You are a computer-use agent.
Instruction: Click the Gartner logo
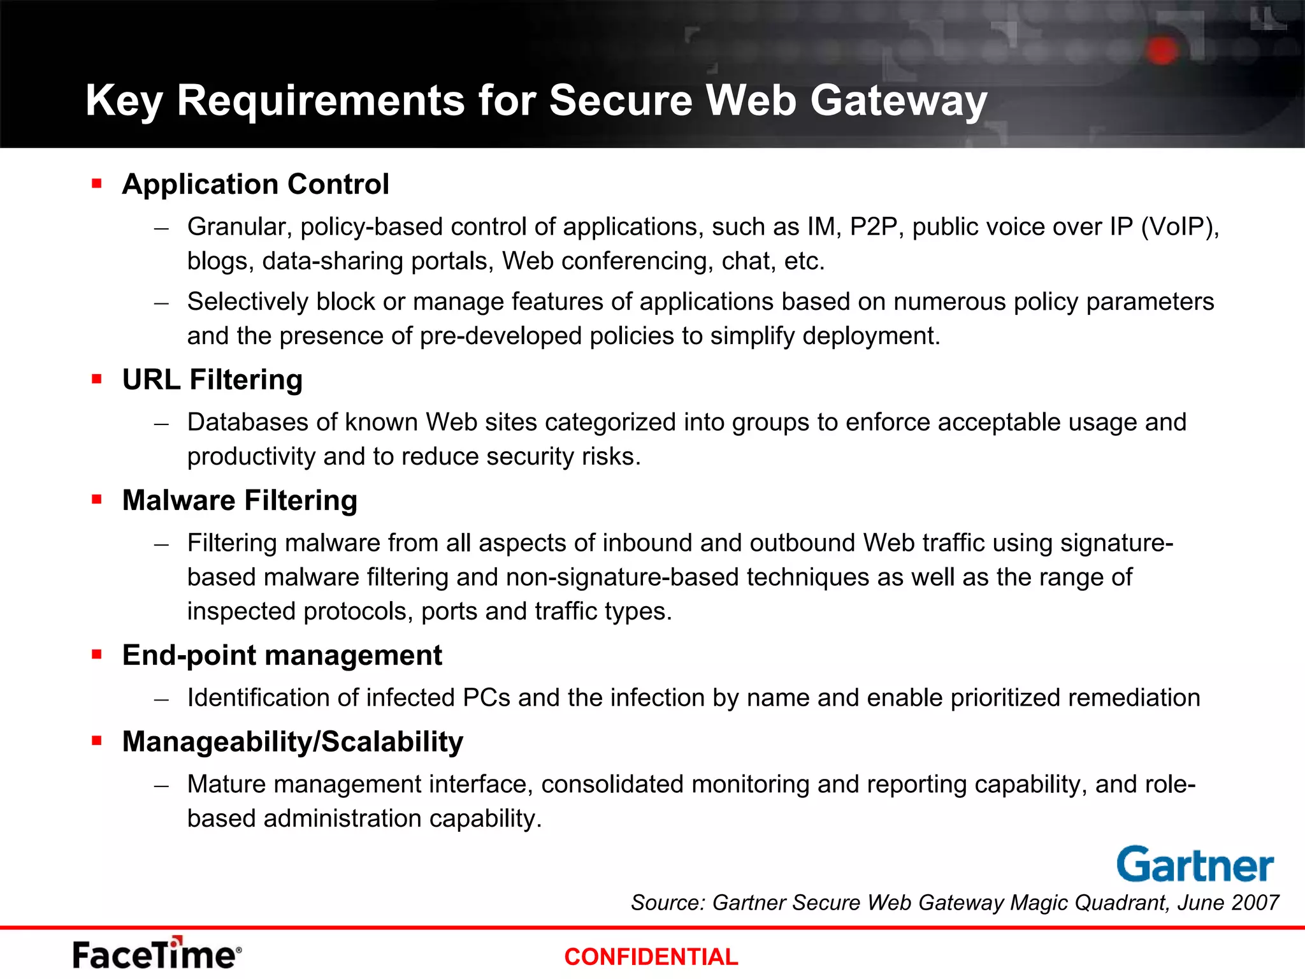(1195, 865)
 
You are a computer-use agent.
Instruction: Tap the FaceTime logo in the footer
(157, 954)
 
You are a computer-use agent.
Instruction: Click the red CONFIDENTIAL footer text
(651, 957)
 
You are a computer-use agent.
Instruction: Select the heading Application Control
(256, 184)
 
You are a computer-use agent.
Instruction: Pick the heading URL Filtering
(212, 380)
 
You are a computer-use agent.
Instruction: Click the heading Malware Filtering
(240, 500)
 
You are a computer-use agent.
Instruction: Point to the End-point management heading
(282, 655)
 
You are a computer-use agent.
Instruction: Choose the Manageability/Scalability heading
(292, 742)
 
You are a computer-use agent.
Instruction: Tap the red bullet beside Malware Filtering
(97, 500)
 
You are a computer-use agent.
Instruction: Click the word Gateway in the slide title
(898, 101)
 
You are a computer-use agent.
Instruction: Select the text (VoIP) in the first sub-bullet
(1179, 227)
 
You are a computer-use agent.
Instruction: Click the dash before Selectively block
(162, 303)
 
